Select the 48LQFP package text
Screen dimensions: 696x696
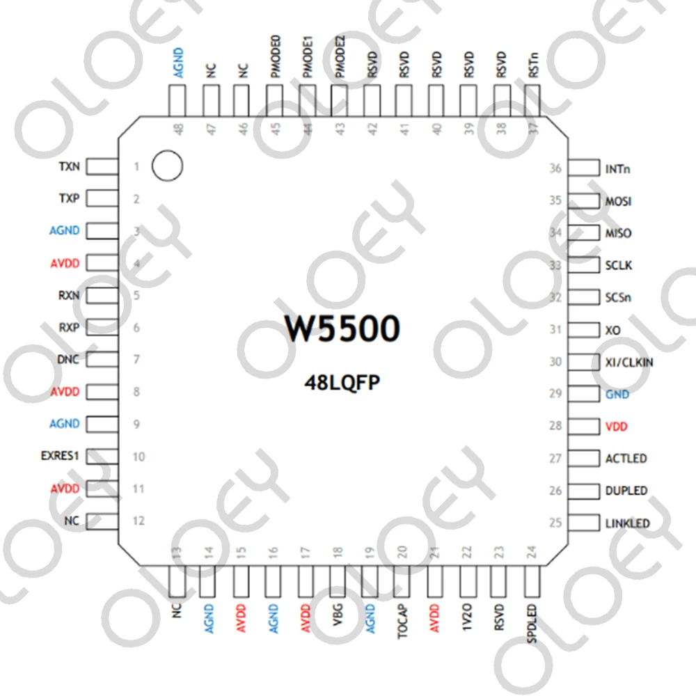342,382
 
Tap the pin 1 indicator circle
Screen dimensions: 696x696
167,166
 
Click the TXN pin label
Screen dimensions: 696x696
69,167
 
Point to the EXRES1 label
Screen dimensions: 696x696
61,457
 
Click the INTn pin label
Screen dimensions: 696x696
619,168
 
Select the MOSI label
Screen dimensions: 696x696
619,201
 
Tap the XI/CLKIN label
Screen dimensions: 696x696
629,362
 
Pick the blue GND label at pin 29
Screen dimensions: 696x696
617,394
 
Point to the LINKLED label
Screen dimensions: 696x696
628,523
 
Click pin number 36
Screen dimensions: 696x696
555,168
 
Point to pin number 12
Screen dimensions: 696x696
139,521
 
